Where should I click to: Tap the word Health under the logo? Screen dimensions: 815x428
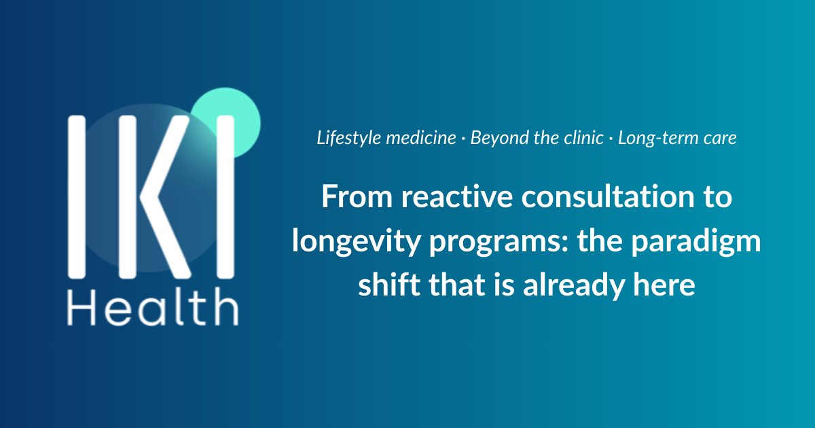(x=153, y=308)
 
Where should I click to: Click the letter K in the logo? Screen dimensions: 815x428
(x=155, y=197)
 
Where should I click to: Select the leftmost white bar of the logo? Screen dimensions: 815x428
(x=76, y=197)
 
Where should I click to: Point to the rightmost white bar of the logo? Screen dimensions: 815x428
(x=225, y=197)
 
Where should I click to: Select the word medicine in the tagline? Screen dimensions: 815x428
(x=421, y=138)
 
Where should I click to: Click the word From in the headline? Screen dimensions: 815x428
(x=357, y=196)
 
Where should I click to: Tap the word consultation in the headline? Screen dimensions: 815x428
(x=608, y=196)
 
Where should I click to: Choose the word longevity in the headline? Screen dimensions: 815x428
(x=356, y=242)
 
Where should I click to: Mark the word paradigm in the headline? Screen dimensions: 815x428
(x=695, y=242)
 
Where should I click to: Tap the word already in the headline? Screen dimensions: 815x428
(x=574, y=285)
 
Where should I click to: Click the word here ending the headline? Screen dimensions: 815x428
(x=664, y=284)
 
